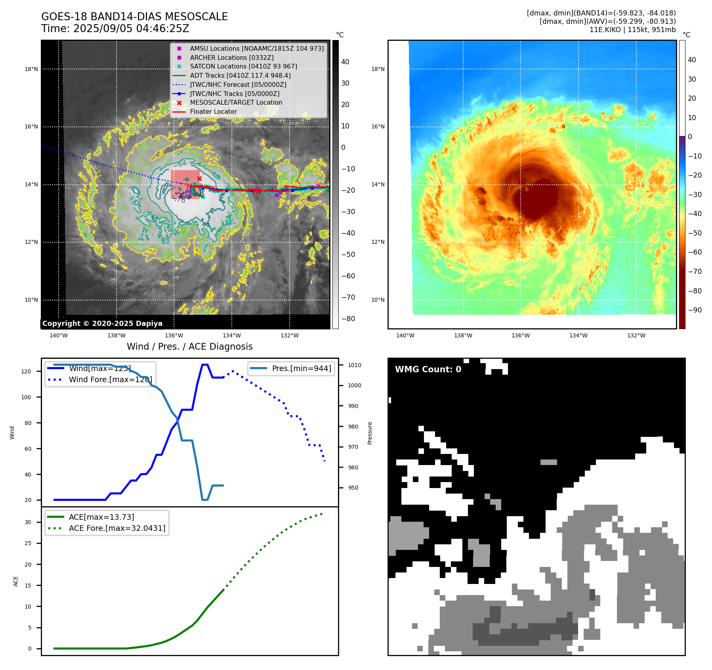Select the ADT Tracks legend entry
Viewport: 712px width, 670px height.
pyautogui.click(x=240, y=75)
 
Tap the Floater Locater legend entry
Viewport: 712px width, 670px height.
pyautogui.click(x=213, y=111)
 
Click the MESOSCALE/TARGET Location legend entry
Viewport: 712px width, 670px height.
pyautogui.click(x=236, y=102)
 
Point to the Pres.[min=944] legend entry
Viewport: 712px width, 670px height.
pyautogui.click(x=301, y=368)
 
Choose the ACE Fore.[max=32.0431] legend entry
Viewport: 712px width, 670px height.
pyautogui.click(x=117, y=528)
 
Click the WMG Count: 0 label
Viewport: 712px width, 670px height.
pyautogui.click(x=428, y=369)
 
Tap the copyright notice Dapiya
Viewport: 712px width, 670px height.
pyautogui.click(x=102, y=324)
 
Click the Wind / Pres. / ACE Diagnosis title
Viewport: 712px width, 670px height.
pyautogui.click(x=189, y=346)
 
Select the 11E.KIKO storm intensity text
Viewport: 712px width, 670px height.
pyautogui.click(x=632, y=30)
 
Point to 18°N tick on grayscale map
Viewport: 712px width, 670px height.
pyautogui.click(x=31, y=69)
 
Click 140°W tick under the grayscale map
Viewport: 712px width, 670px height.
pyautogui.click(x=59, y=335)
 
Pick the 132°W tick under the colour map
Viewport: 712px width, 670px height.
pyautogui.click(x=636, y=335)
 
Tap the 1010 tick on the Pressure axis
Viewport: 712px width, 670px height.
pyautogui.click(x=355, y=365)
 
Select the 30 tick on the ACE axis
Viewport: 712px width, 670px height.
pyautogui.click(x=28, y=522)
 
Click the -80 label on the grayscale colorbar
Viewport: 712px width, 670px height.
pyautogui.click(x=348, y=319)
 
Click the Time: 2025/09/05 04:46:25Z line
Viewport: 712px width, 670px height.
pyautogui.click(x=115, y=29)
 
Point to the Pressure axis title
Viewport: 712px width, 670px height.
pyautogui.click(x=370, y=433)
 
